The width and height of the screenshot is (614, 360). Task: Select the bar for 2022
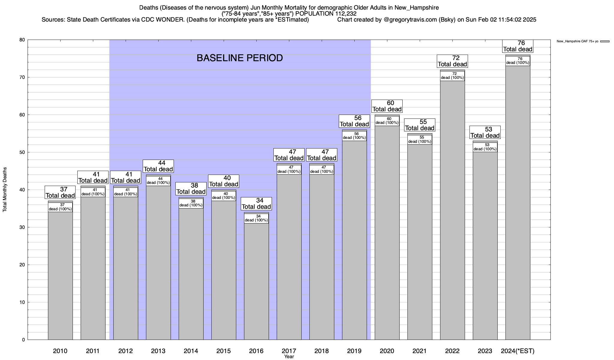pos(452,210)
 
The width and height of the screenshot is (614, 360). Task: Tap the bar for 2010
pos(60,276)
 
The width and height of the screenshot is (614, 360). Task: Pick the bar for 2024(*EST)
pos(518,204)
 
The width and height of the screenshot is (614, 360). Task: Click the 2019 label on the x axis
pos(354,351)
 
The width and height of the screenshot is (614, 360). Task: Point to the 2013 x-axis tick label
pos(158,351)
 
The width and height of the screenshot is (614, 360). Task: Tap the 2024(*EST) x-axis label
pos(518,351)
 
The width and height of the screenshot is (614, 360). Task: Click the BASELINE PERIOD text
pos(240,58)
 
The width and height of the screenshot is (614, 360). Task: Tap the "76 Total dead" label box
pos(518,46)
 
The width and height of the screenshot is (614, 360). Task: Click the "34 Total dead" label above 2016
pos(256,204)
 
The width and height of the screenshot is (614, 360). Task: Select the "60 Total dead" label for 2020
pos(387,106)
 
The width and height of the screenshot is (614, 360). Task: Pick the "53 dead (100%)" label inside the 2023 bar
pos(485,147)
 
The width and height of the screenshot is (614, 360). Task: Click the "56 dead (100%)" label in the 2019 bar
pos(354,136)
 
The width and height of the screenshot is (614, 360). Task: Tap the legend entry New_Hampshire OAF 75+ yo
pos(577,41)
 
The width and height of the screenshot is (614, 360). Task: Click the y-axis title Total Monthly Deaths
pos(5,190)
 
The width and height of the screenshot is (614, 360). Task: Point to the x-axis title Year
pos(289,357)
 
